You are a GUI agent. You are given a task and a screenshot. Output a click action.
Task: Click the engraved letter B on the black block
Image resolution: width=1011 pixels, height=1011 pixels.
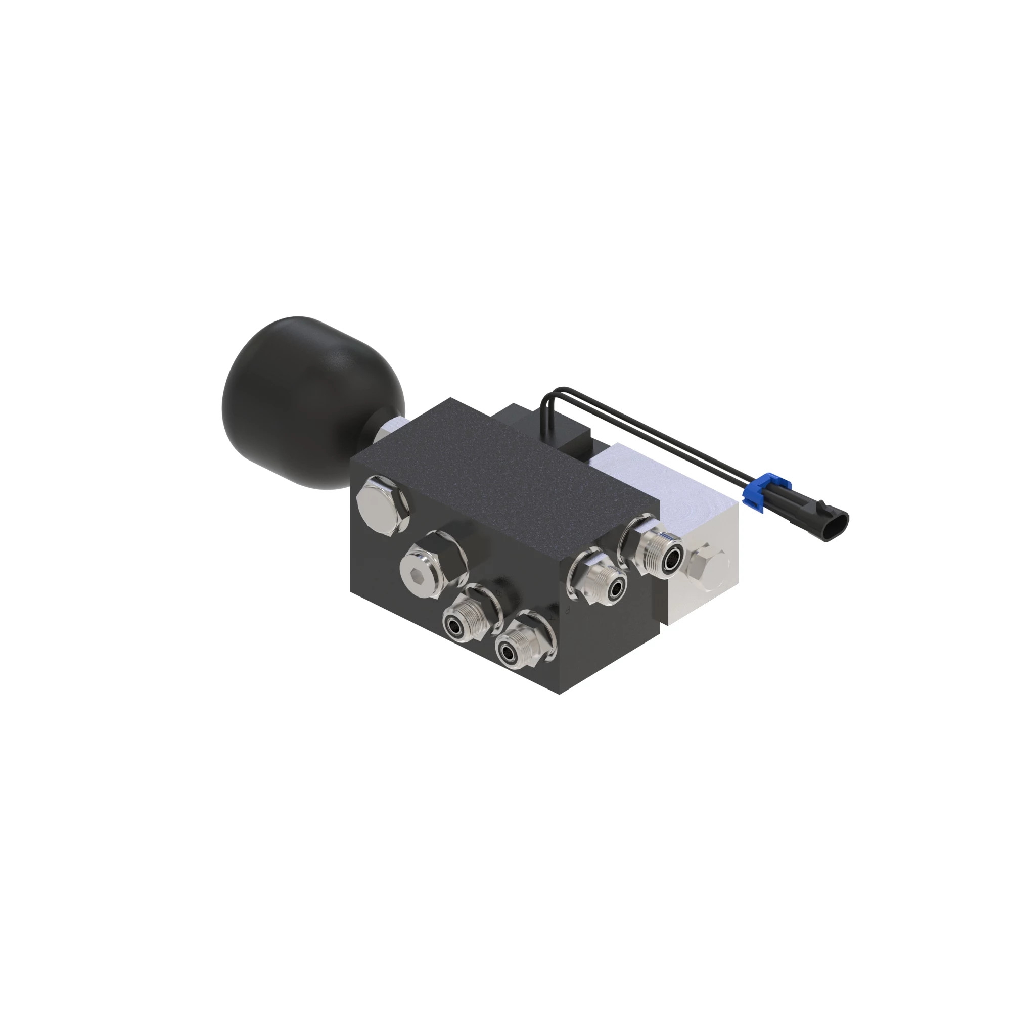click(499, 594)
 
